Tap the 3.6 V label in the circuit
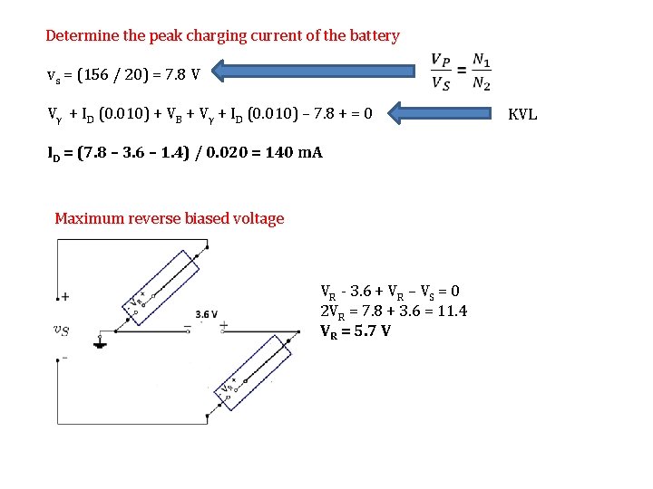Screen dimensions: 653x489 tap(207, 314)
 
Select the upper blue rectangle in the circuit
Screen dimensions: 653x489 tap(161, 283)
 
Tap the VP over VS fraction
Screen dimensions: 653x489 tap(442, 72)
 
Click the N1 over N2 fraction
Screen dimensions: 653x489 tap(482, 72)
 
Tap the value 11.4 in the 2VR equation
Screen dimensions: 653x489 tap(452, 311)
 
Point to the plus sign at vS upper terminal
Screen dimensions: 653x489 tap(65, 296)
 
